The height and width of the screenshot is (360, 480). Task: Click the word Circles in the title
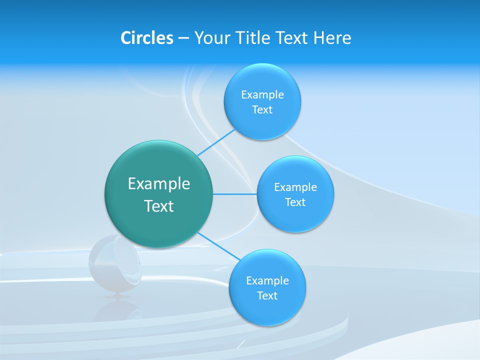146,37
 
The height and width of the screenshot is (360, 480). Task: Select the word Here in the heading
332,37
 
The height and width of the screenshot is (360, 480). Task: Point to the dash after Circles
183,38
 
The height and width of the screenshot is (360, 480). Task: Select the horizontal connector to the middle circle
235,194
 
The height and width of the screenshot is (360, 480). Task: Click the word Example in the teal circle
159,184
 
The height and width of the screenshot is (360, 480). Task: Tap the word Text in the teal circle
159,206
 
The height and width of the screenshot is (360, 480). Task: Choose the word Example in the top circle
262,94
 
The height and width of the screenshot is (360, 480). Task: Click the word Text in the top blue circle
262,109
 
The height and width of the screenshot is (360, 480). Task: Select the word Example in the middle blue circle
295,187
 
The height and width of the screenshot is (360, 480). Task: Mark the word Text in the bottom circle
267,295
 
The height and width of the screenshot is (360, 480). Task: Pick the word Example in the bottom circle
267,280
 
